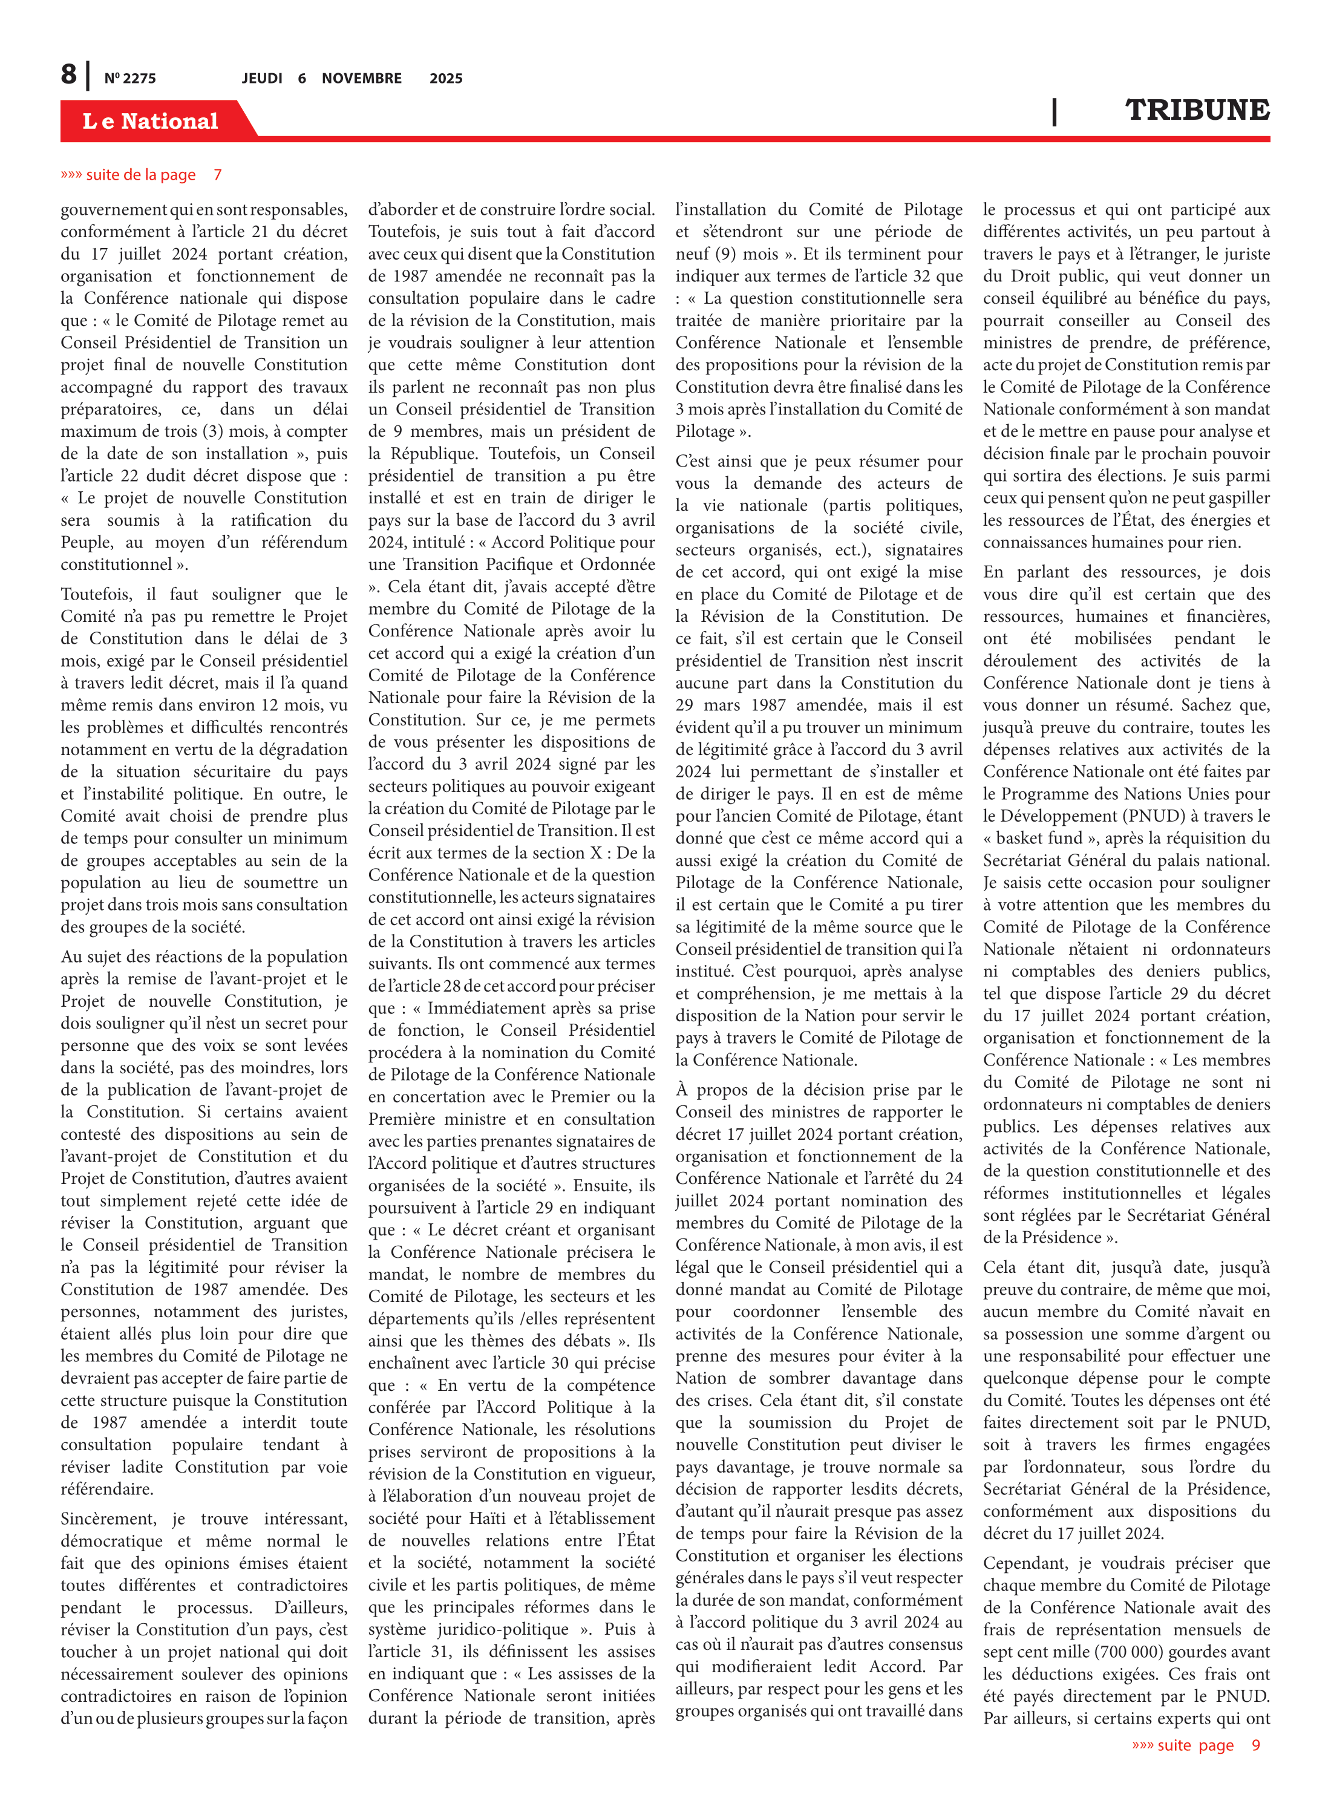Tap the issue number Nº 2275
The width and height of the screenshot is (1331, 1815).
pyautogui.click(x=129, y=78)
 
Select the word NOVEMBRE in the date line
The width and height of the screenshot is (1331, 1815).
pyautogui.click(x=361, y=78)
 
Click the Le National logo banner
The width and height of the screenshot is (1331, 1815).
pyautogui.click(x=151, y=121)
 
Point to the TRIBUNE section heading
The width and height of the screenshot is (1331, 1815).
pyautogui.click(x=1197, y=110)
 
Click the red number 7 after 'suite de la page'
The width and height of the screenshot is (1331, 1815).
pyautogui.click(x=218, y=175)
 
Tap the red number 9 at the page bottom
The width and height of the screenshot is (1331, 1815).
pyautogui.click(x=1255, y=1745)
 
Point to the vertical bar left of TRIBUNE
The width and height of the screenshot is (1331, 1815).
pyautogui.click(x=1054, y=111)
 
